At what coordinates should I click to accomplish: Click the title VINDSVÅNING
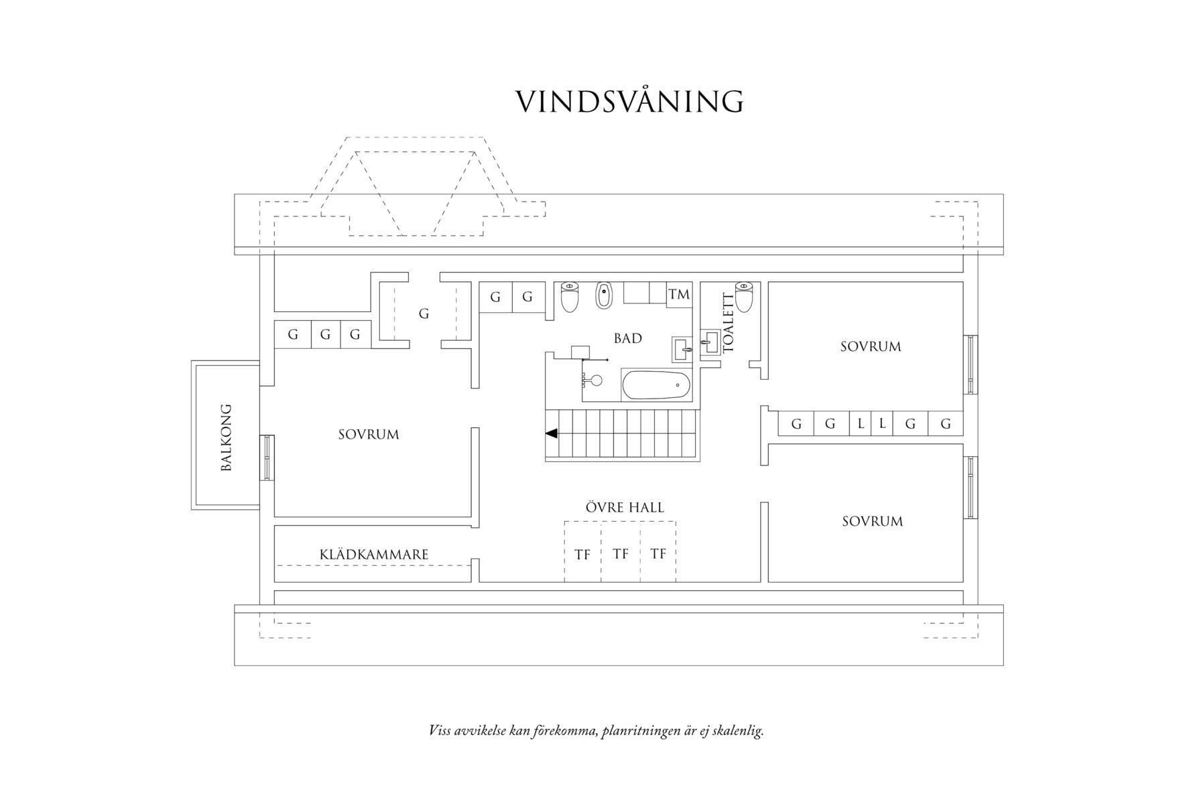[629, 102]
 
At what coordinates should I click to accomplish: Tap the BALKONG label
[227, 437]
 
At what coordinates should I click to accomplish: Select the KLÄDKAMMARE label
[373, 555]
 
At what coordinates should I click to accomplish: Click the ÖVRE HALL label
[625, 508]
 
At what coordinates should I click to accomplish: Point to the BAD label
[628, 338]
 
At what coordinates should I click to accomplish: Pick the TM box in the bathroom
[679, 294]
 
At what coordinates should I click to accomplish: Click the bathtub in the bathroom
[656, 385]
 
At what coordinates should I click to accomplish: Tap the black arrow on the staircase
[552, 433]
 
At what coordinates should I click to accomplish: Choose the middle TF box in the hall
[621, 554]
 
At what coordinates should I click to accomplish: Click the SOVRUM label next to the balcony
[369, 435]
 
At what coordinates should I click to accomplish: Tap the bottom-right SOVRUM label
[872, 521]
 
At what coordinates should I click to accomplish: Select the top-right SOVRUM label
[871, 346]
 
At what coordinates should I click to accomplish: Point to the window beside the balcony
[267, 457]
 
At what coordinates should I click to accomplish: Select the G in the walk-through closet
[424, 313]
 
